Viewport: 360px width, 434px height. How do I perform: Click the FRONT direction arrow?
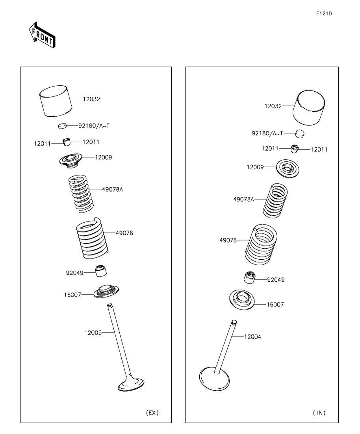coord(42,36)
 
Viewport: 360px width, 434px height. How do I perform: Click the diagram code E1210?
coord(324,14)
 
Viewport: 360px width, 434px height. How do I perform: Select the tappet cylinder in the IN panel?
coord(309,107)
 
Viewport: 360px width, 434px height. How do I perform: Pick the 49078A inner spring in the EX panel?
coord(80,194)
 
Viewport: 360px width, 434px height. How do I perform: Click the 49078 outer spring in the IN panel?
coord(262,244)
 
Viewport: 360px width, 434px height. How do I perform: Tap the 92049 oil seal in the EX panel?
coord(101,271)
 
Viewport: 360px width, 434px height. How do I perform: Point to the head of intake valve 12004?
coord(214,379)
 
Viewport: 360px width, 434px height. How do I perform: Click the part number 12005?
coord(93,333)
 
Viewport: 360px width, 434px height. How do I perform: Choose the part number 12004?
coord(252,337)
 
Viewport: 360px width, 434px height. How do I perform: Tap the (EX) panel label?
coord(152,413)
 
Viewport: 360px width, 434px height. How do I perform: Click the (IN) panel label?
coord(319,413)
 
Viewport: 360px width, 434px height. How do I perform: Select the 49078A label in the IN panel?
coord(244,199)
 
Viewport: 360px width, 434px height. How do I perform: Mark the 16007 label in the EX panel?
coord(72,294)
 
